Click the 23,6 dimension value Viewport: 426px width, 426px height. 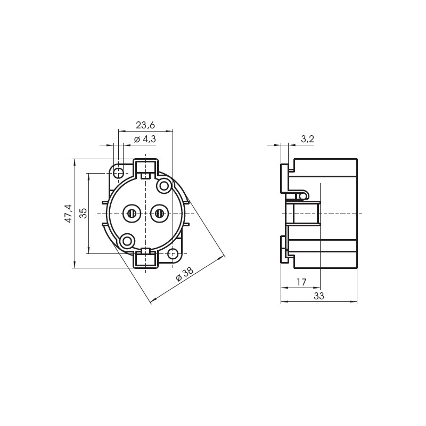(x=145, y=125)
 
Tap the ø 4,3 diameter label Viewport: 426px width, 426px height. (x=145, y=139)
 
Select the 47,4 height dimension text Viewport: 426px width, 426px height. (x=69, y=214)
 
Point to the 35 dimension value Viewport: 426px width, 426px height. (x=84, y=213)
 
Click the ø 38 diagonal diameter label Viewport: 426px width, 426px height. (x=184, y=274)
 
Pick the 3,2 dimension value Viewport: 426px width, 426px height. (x=308, y=139)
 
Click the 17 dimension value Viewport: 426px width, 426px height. (x=301, y=282)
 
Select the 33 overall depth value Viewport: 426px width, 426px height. (x=319, y=296)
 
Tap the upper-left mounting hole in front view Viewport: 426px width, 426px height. (x=118, y=173)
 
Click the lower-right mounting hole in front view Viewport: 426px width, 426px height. (x=173, y=254)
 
